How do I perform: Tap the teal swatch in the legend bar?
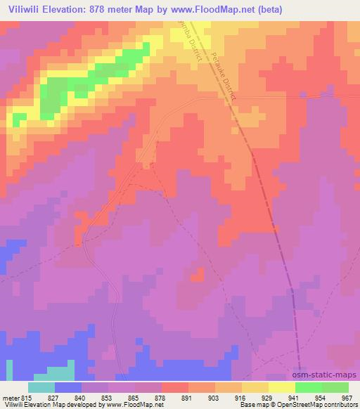tap(41, 388)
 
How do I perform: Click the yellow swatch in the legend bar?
tap(282, 388)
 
